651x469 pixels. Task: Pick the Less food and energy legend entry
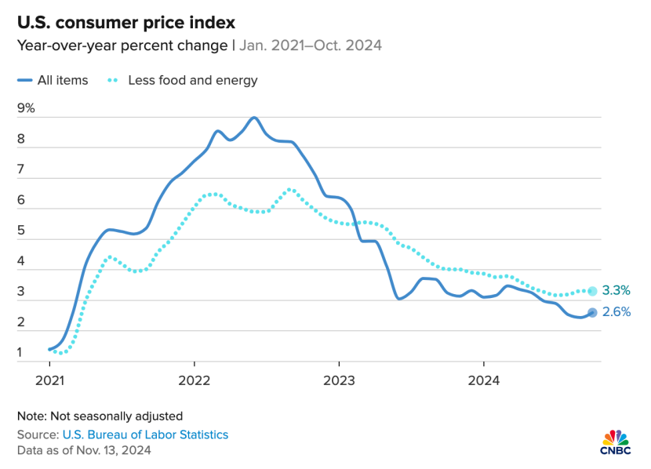[x=192, y=80]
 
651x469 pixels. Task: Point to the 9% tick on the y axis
[x=26, y=108]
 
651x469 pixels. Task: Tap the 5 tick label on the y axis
[x=21, y=231]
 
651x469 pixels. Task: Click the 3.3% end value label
[x=616, y=291]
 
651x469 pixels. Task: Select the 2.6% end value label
[x=616, y=312]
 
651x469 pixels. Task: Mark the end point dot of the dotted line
[x=592, y=291]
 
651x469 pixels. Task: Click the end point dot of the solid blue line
[x=592, y=312]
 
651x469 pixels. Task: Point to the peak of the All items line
[x=254, y=118]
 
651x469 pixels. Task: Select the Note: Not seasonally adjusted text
[x=100, y=416]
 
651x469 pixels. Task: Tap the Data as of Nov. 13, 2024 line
[x=84, y=450]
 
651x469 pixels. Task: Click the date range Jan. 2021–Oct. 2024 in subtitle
[x=310, y=45]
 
